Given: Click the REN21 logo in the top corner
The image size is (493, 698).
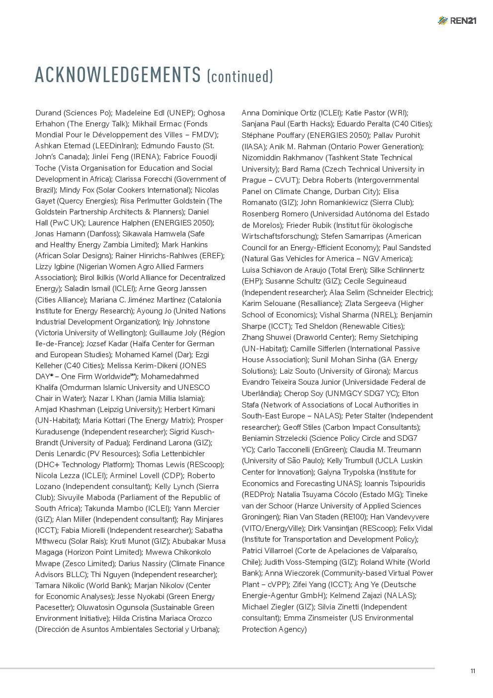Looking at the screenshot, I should click(x=457, y=20).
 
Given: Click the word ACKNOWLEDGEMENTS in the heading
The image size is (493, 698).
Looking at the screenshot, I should click(x=118, y=75).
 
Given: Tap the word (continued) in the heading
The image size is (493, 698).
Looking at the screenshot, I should click(x=240, y=76).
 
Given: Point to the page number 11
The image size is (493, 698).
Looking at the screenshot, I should click(x=473, y=671).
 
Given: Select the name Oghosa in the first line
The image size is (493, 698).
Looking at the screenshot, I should click(x=211, y=113).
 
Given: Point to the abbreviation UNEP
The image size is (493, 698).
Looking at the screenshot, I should click(x=180, y=113).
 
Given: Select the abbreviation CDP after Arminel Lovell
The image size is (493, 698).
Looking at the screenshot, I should click(x=172, y=476).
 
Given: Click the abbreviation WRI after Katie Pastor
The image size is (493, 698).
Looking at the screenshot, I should click(x=397, y=113).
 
